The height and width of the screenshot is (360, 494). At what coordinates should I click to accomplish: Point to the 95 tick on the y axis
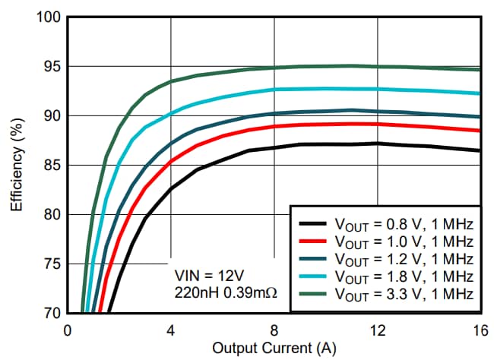coord(51,66)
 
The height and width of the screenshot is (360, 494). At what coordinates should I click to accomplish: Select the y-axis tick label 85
coord(51,165)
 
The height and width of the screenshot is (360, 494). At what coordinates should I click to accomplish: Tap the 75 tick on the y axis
coord(51,264)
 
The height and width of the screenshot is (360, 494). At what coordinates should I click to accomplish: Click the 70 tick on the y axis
coord(51,313)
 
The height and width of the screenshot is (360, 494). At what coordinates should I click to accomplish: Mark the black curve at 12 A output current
coord(377,144)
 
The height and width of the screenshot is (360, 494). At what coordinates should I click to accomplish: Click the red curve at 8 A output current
coord(274,126)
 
